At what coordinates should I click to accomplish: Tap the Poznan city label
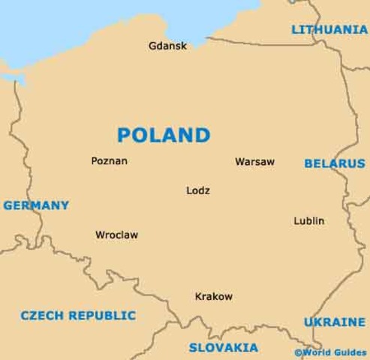click(x=109, y=160)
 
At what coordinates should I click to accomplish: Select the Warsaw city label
click(x=255, y=161)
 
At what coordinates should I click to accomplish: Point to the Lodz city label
click(x=197, y=190)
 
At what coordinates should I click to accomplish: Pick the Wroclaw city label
click(x=117, y=234)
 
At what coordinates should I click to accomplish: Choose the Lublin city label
click(x=308, y=221)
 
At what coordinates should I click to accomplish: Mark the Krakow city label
click(x=213, y=296)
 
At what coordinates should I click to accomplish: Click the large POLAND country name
click(x=164, y=135)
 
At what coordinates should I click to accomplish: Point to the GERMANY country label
click(x=36, y=205)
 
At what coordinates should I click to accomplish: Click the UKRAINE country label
click(x=334, y=322)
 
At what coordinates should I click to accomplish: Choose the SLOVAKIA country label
click(x=224, y=347)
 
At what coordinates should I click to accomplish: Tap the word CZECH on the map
click(x=43, y=315)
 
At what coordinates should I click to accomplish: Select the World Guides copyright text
click(x=332, y=351)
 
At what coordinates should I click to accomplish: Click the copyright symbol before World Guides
click(x=299, y=351)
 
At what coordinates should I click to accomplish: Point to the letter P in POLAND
click(x=125, y=135)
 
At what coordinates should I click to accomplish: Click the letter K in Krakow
click(x=197, y=296)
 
